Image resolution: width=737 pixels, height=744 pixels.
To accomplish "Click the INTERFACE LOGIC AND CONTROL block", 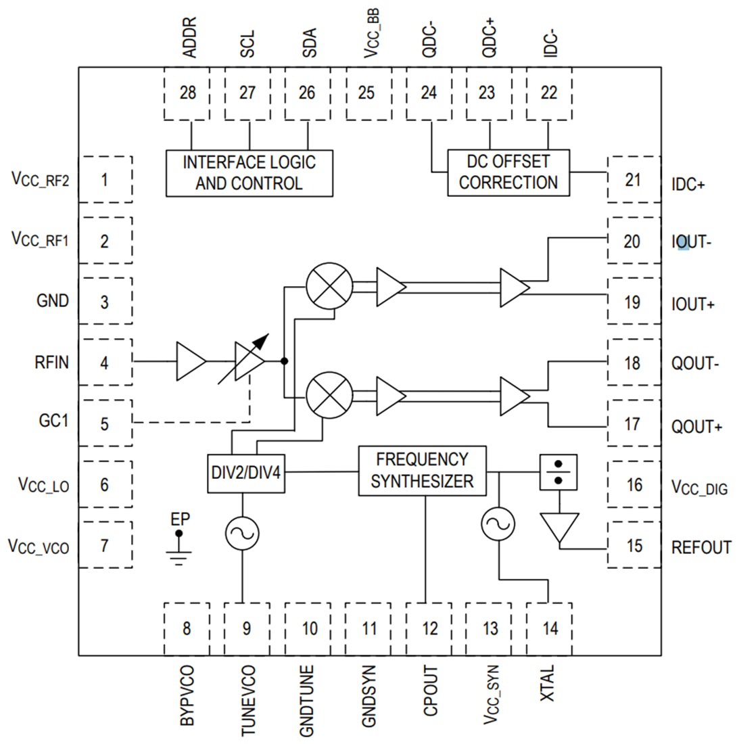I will point(249,173).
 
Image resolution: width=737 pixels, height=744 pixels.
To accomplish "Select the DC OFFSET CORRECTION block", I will point(508,173).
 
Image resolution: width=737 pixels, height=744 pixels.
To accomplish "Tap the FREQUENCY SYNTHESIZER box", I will point(422,471).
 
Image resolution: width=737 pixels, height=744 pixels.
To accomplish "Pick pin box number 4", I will point(105,363).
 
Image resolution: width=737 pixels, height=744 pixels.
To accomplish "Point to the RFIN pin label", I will point(51,363).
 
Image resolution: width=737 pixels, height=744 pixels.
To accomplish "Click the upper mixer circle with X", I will point(329,285).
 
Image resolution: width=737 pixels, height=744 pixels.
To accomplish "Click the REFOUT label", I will point(701,547).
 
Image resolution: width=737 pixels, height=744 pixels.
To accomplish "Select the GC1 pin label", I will point(55,423).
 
